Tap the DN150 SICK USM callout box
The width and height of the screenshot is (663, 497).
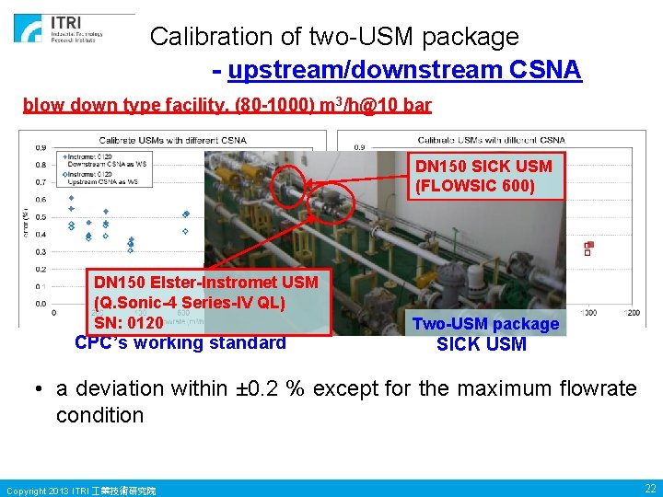(x=484, y=176)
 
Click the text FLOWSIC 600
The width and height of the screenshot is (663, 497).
(x=484, y=186)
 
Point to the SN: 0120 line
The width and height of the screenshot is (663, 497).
(x=129, y=323)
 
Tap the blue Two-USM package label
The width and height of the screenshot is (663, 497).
(x=485, y=324)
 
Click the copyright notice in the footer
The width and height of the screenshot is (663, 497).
(x=81, y=490)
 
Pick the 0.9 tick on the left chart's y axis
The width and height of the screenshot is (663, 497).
(x=41, y=147)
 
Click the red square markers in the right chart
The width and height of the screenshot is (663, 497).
(x=588, y=248)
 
